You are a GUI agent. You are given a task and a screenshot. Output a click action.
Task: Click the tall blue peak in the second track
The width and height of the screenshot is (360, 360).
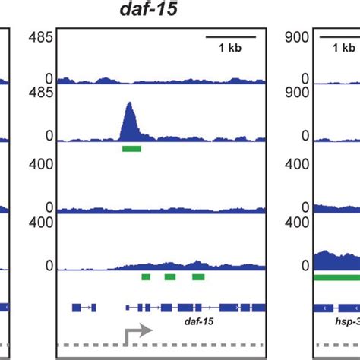pos(131,122)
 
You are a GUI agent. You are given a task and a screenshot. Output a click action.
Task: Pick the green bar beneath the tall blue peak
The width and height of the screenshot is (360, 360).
pos(131,148)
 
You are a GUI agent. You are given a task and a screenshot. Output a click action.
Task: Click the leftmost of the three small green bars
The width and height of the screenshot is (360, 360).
pos(146,277)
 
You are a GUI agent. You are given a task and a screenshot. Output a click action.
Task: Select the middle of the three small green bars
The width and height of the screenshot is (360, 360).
pos(170,277)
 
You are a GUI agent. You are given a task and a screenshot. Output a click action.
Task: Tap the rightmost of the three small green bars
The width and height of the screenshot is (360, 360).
pos(198,277)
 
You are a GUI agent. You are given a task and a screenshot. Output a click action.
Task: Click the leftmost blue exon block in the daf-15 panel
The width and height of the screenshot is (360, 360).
pos(76,307)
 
